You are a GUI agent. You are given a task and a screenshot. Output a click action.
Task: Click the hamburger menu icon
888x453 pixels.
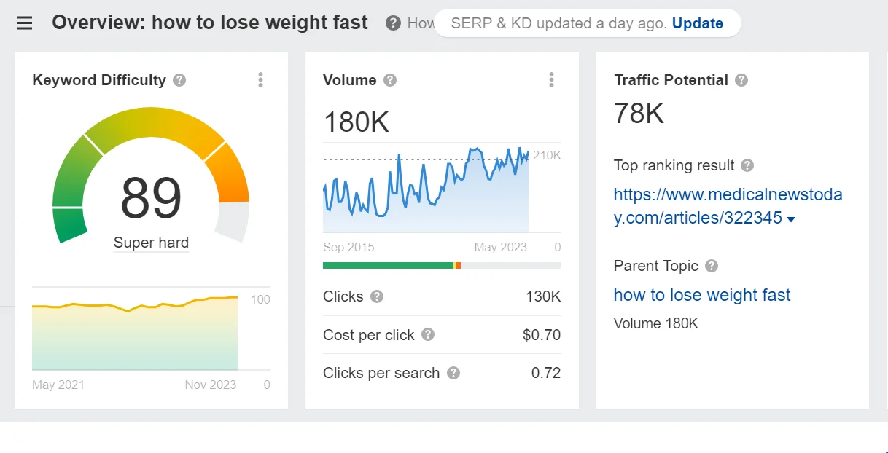(x=24, y=23)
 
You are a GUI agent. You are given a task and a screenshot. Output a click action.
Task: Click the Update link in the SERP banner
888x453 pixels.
(x=697, y=23)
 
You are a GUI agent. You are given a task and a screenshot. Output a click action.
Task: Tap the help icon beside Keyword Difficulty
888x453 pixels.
(x=179, y=80)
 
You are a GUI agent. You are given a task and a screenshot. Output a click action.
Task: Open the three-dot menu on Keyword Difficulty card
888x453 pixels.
(x=260, y=80)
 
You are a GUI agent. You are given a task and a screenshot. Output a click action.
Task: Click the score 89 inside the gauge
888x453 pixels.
(x=151, y=198)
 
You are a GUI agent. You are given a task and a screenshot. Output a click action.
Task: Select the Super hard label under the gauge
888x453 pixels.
(x=151, y=243)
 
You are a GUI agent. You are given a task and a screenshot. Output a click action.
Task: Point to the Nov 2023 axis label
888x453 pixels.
(x=211, y=385)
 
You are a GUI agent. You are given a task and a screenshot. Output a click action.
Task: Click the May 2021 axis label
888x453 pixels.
(x=58, y=385)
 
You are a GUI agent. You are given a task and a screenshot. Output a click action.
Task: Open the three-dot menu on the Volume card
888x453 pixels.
(x=551, y=80)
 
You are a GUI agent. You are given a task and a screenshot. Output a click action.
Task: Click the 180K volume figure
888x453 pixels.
(x=357, y=122)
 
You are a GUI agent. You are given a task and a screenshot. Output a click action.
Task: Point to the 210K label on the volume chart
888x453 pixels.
(x=547, y=155)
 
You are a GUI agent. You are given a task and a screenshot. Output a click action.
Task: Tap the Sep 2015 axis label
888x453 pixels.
(x=348, y=247)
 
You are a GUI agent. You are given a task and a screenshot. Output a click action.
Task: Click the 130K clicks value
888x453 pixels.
(x=542, y=296)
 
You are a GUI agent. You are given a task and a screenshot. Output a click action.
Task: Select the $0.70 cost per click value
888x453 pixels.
(x=542, y=335)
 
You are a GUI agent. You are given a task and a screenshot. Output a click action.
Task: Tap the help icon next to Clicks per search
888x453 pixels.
(x=453, y=373)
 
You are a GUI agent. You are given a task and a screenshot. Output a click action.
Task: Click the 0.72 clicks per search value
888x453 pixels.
(x=545, y=373)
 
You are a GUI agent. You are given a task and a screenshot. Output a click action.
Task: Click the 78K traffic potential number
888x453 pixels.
(x=639, y=114)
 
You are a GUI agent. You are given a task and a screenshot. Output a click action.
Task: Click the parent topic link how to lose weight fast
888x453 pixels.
(x=701, y=295)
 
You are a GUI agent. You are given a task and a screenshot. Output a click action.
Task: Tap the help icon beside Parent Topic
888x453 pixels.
(x=712, y=266)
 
